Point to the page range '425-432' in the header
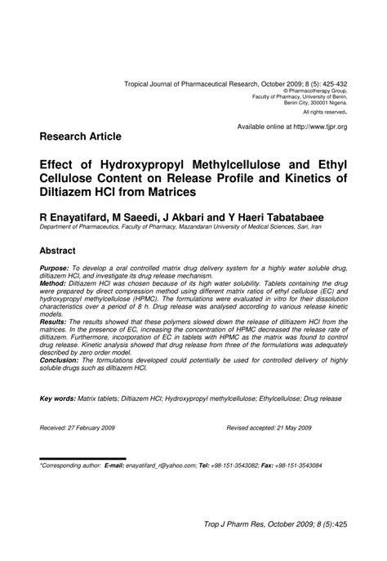(x=332, y=83)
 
